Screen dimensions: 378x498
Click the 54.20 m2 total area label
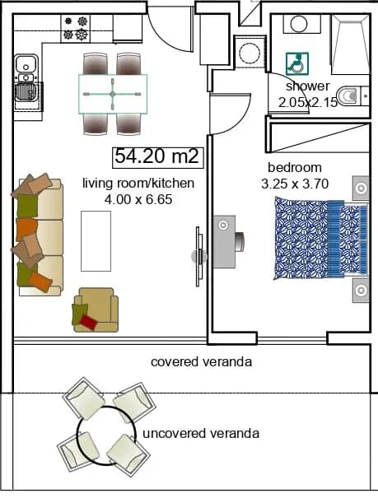157,156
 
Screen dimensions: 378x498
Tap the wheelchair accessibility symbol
297,63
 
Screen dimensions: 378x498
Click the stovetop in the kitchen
76,29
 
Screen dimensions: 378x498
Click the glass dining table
113,94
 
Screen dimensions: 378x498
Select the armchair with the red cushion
96,310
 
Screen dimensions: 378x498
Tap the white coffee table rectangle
96,241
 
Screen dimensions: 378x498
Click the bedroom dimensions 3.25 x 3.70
295,184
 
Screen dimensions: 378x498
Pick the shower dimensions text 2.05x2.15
307,102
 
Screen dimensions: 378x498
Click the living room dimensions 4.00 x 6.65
138,199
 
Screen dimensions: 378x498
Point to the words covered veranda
202,361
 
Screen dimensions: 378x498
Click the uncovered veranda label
201,433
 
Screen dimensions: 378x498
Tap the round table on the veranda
106,435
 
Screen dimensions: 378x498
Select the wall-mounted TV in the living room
198,256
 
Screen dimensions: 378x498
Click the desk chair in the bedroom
240,241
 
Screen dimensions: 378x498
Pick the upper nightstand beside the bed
361,188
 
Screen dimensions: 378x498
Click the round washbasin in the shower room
299,25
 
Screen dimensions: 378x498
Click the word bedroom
295,167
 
